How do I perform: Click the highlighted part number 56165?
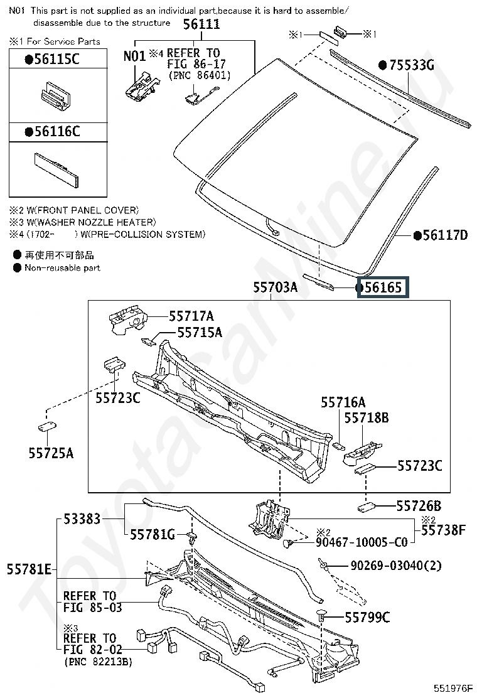coord(383,288)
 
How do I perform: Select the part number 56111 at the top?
coord(201,24)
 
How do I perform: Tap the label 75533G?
coord(412,65)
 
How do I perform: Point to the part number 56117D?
coord(445,235)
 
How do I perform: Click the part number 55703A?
coord(275,288)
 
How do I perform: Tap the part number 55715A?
coord(199,332)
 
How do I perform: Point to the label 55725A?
coord(50,452)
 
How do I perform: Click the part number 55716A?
coord(343,402)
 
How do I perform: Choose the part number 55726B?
coord(419,506)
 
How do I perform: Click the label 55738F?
coord(443,530)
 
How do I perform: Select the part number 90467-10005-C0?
coord(361,542)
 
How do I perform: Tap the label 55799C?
coord(367,618)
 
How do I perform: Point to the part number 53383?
coord(82,519)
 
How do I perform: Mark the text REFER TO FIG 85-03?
coord(92,601)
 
